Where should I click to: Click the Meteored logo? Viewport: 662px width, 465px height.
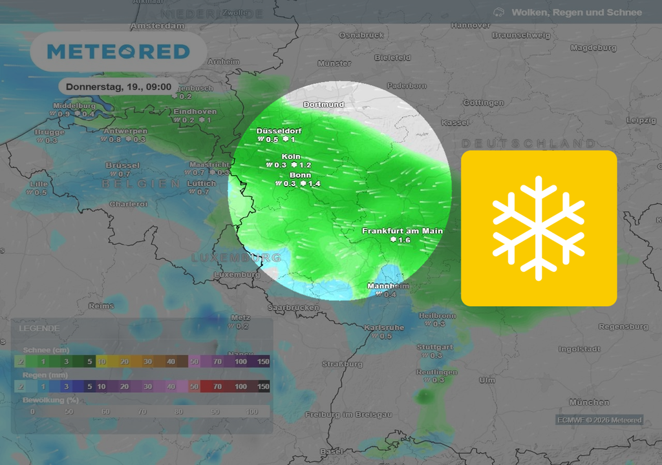click(118, 52)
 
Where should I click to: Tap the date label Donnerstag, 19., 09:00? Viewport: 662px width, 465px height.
click(118, 86)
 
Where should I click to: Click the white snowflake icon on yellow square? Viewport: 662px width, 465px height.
click(539, 228)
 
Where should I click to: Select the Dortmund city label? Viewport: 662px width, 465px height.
click(324, 104)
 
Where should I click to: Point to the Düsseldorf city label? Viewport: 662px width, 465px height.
click(279, 130)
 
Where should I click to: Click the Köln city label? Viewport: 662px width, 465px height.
click(291, 156)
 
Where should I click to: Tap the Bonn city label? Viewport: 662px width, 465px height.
click(300, 175)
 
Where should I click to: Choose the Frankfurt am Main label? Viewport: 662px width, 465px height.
click(402, 231)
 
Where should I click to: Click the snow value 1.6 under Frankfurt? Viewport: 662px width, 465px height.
click(404, 240)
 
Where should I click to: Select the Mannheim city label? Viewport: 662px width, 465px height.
click(388, 286)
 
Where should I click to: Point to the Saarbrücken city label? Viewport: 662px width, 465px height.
click(293, 307)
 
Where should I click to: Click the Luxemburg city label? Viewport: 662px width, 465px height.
click(237, 274)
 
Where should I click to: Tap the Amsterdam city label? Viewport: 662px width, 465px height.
click(157, 26)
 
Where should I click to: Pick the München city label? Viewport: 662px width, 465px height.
click(589, 402)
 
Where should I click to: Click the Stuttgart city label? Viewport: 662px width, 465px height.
click(434, 347)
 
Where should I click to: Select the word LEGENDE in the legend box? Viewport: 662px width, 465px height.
click(39, 328)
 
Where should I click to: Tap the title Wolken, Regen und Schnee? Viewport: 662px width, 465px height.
click(577, 12)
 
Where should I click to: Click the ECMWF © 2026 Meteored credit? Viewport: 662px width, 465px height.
click(600, 420)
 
